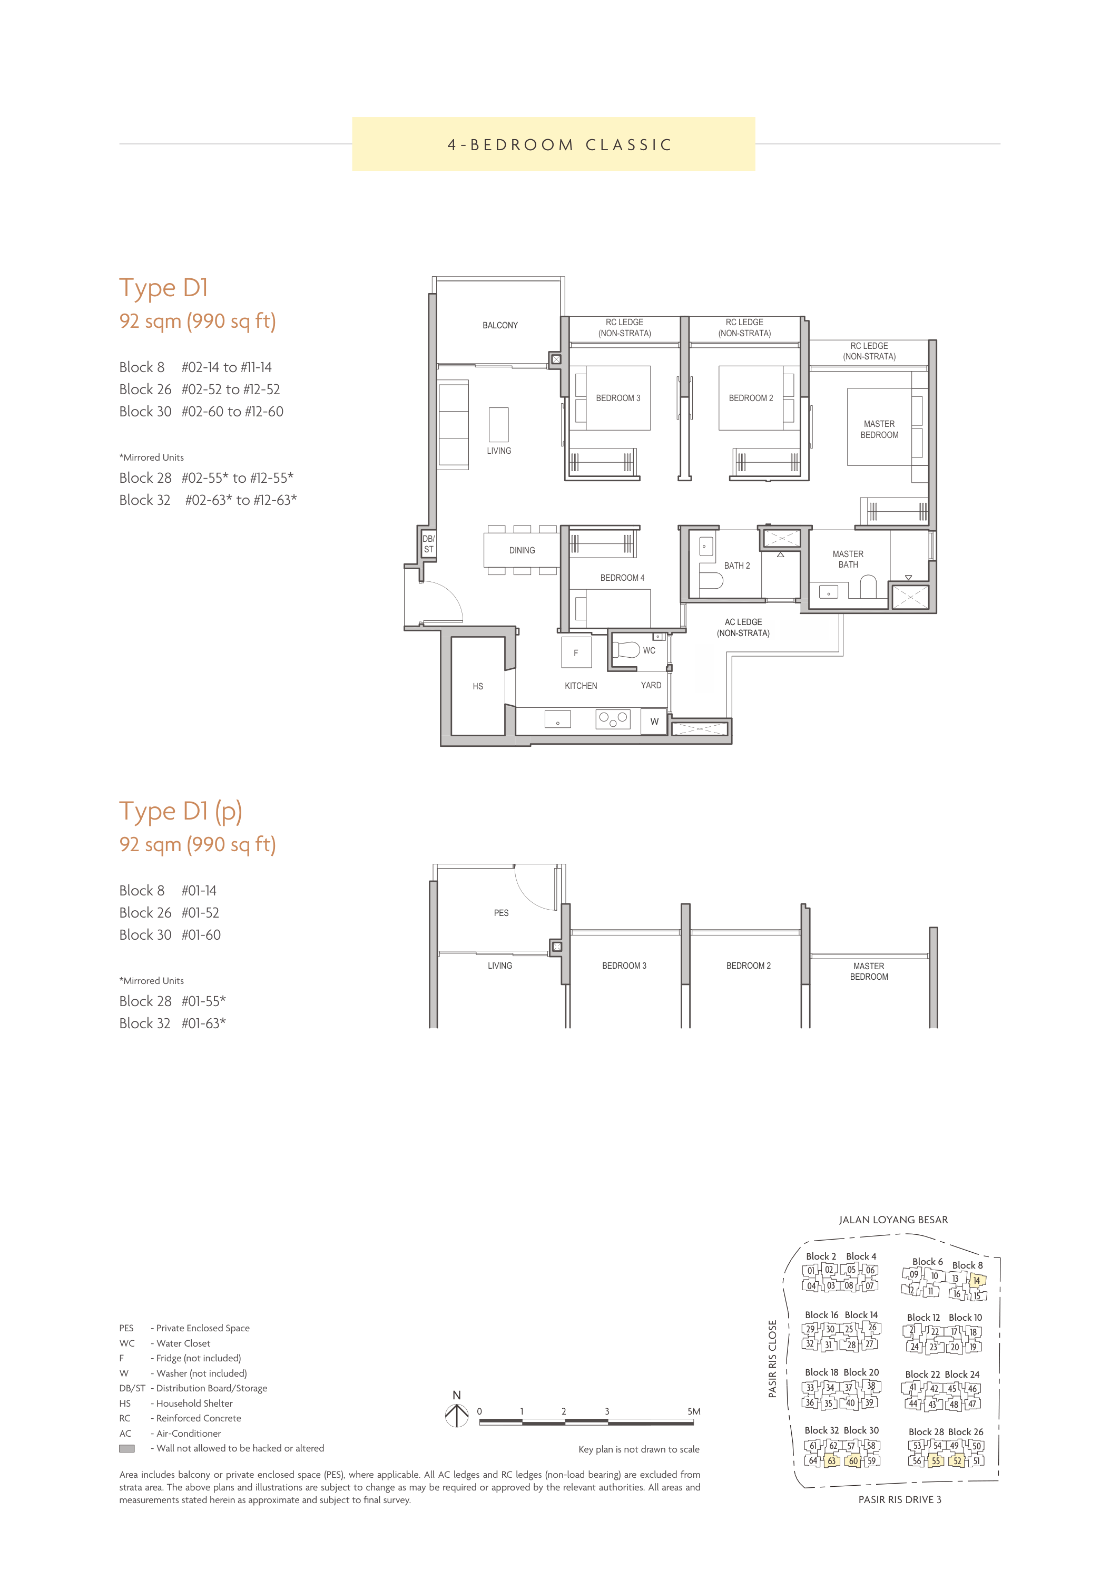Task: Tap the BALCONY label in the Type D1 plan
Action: (500, 325)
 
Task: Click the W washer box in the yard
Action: (654, 722)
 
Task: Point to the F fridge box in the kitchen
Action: (576, 652)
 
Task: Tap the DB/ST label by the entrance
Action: (428, 544)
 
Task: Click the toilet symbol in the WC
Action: (627, 650)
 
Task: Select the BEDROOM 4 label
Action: (622, 578)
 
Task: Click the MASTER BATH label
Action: (848, 559)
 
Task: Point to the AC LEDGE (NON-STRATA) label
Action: (743, 627)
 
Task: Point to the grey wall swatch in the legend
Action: (127, 1448)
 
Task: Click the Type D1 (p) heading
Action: (181, 812)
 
